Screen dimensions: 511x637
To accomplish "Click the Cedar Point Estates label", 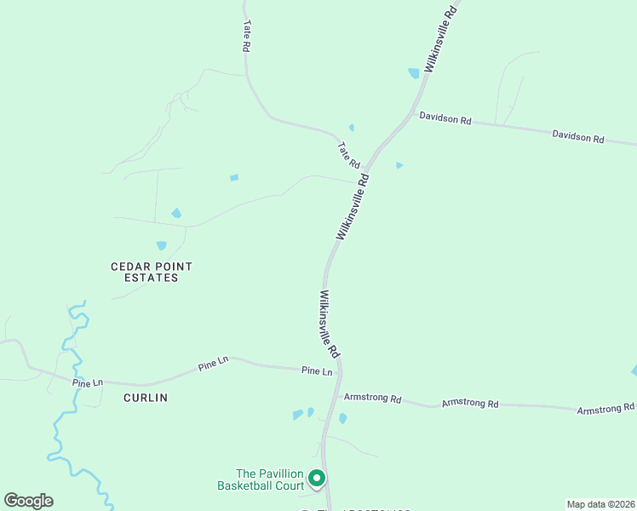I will click(x=152, y=272).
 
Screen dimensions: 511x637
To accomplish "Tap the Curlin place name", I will click(x=146, y=398).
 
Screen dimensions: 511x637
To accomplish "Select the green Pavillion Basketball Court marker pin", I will click(x=316, y=479).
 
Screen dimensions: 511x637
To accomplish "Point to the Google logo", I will click(x=29, y=501).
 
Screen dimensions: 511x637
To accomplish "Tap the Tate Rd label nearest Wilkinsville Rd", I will click(x=349, y=154).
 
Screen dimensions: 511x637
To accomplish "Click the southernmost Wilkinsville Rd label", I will click(x=330, y=324).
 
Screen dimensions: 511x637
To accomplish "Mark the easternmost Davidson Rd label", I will click(x=577, y=135).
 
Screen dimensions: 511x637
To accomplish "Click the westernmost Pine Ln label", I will click(x=87, y=383).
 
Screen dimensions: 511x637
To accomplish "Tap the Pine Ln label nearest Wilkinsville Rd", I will click(x=317, y=370).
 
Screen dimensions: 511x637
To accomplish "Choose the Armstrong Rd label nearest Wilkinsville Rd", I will click(x=371, y=398).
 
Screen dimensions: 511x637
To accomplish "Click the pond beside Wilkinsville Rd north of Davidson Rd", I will click(x=414, y=73).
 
